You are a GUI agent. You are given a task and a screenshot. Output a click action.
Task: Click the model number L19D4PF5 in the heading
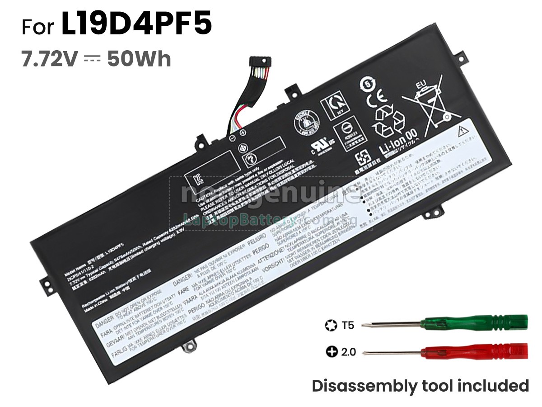pyautogui.click(x=136, y=26)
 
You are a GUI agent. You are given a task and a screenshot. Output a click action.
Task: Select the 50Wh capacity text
pyautogui.click(x=139, y=59)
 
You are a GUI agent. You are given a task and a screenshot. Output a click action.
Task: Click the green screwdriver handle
pyautogui.click(x=474, y=324)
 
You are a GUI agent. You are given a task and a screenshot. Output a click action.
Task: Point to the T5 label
pyautogui.click(x=348, y=325)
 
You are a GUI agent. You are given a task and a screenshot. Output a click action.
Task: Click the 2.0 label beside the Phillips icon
pyautogui.click(x=348, y=351)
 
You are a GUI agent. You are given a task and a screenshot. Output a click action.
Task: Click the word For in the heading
pyautogui.click(x=40, y=27)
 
